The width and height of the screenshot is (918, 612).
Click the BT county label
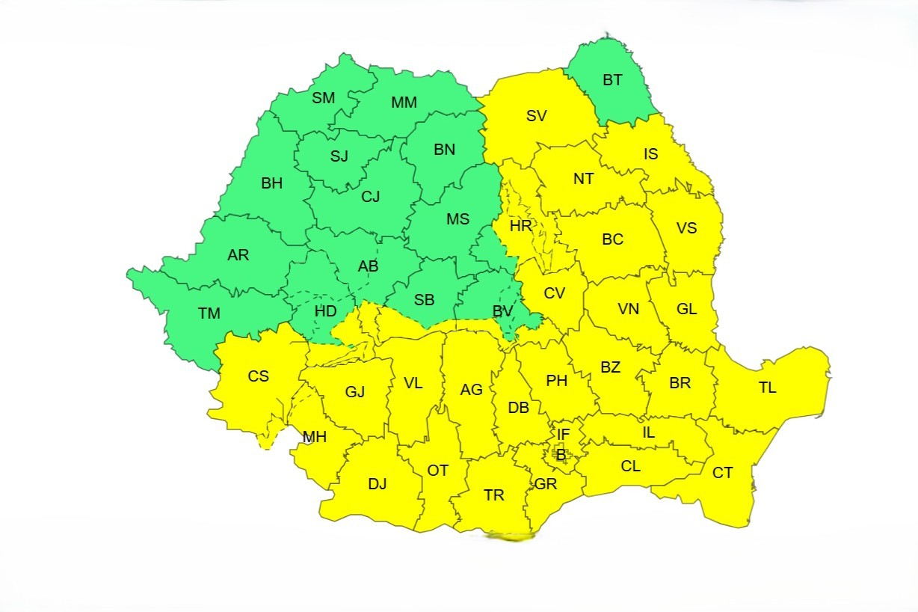pyautogui.click(x=612, y=80)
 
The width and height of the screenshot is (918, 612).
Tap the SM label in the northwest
pyautogui.click(x=324, y=98)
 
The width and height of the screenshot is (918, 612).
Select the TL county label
pyautogui.click(x=767, y=388)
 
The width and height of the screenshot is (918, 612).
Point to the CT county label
pyautogui.click(x=722, y=473)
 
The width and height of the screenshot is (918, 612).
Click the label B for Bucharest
pyautogui.click(x=560, y=454)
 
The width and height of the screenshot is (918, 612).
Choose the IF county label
pyautogui.click(x=563, y=434)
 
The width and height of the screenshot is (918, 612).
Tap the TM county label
pyautogui.click(x=209, y=313)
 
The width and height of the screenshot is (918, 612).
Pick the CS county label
pyautogui.click(x=259, y=376)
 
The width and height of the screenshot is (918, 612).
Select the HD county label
pyautogui.click(x=325, y=311)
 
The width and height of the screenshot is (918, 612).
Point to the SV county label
pyautogui.click(x=536, y=116)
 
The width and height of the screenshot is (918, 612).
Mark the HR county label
pyautogui.click(x=520, y=225)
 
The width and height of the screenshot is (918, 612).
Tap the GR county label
pyautogui.click(x=546, y=484)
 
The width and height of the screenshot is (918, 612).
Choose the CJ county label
pyautogui.click(x=371, y=197)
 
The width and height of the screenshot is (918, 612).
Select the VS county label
pyautogui.click(x=686, y=227)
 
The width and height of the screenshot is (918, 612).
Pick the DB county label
pyautogui.click(x=518, y=408)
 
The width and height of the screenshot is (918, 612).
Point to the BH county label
pyautogui.click(x=272, y=183)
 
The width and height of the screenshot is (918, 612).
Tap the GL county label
pyautogui.click(x=686, y=308)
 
